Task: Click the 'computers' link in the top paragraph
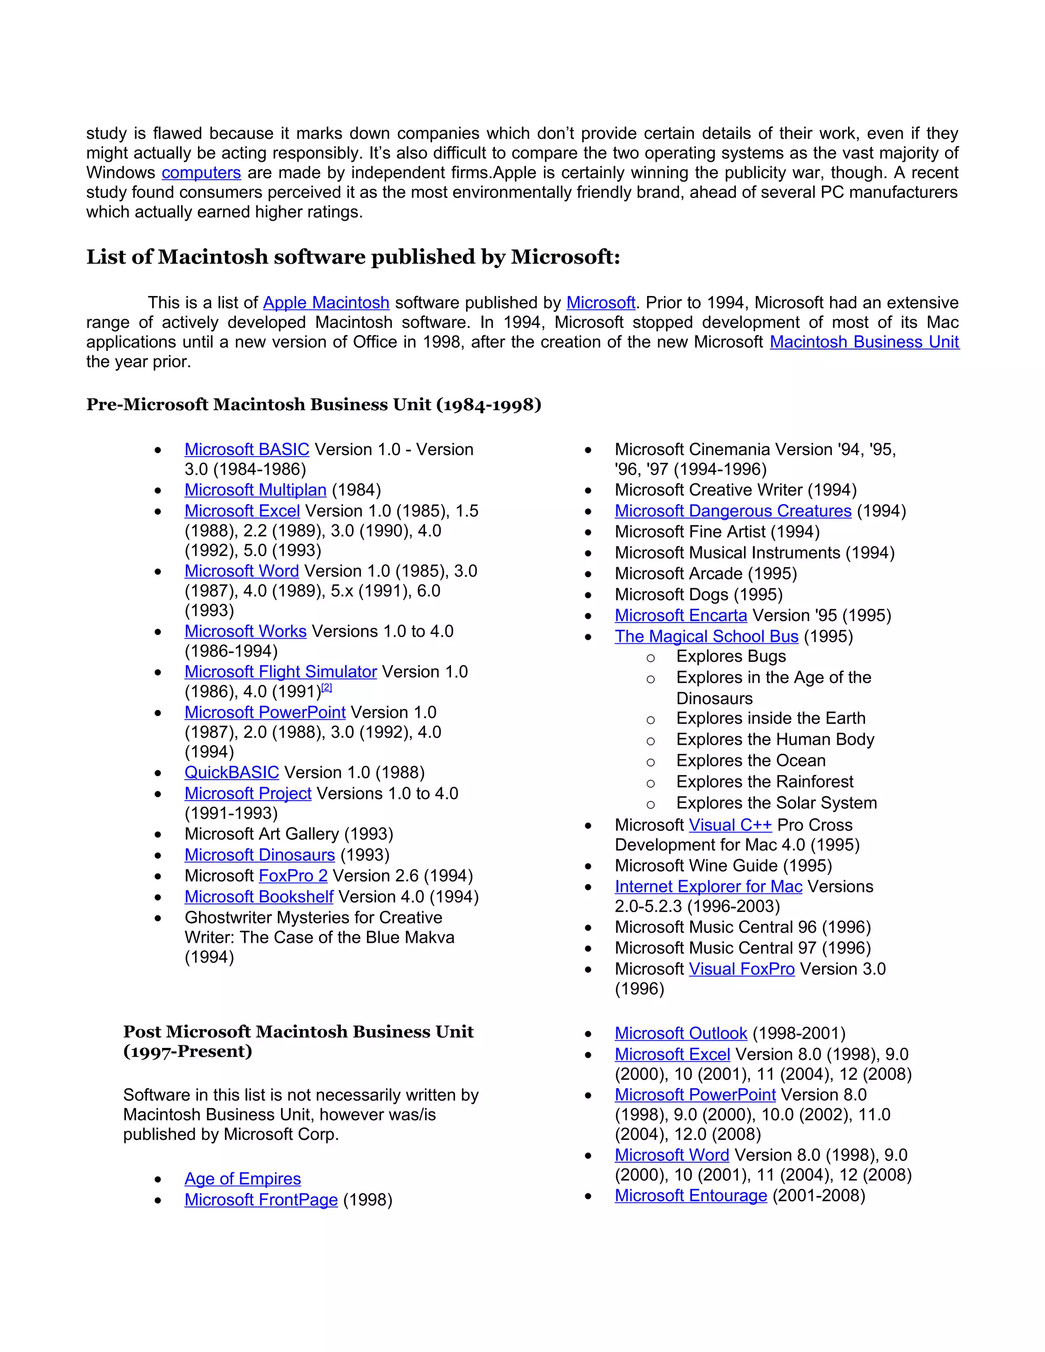(x=201, y=173)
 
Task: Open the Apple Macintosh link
(x=326, y=303)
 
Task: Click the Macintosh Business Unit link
(x=864, y=342)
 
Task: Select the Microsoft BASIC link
(x=246, y=449)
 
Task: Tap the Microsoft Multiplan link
(x=255, y=490)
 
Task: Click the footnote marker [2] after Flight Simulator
(x=327, y=688)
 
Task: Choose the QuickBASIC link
(x=232, y=772)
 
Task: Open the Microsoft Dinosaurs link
(x=259, y=855)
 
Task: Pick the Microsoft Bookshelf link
(x=259, y=897)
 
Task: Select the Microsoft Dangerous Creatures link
(x=733, y=511)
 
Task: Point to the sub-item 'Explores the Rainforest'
(x=764, y=782)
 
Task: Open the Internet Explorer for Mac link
(x=708, y=887)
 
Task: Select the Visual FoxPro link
(x=741, y=969)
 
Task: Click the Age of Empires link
(x=243, y=1179)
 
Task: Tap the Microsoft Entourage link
(x=691, y=1195)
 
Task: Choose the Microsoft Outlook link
(x=681, y=1033)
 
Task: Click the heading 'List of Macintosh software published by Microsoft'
(x=353, y=257)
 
